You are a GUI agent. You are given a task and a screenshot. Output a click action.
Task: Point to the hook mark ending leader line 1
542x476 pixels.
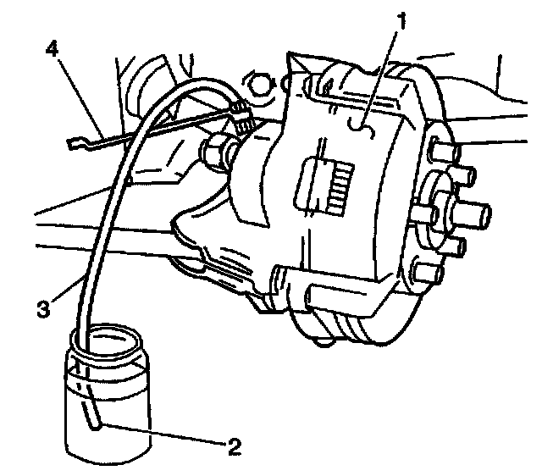click(360, 127)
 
